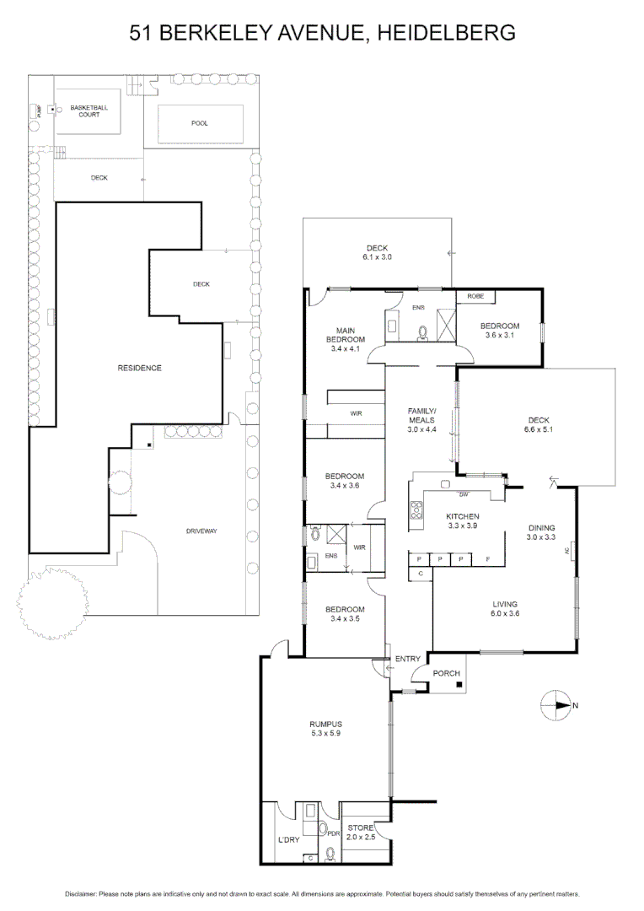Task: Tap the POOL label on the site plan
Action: coord(199,123)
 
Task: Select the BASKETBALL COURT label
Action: coord(89,111)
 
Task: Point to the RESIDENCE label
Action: coord(139,368)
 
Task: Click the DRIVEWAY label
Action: coord(201,531)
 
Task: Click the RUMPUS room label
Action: coord(325,724)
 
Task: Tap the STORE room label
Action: coord(361,828)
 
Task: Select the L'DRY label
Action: coord(288,840)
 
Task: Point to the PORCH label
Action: coord(445,673)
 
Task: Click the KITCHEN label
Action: coord(463,516)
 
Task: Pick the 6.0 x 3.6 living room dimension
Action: coord(506,614)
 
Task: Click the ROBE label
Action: coord(475,297)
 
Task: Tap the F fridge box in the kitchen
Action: coord(487,558)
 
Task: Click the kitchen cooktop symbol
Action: coord(416,509)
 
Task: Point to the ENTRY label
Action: coord(408,658)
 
